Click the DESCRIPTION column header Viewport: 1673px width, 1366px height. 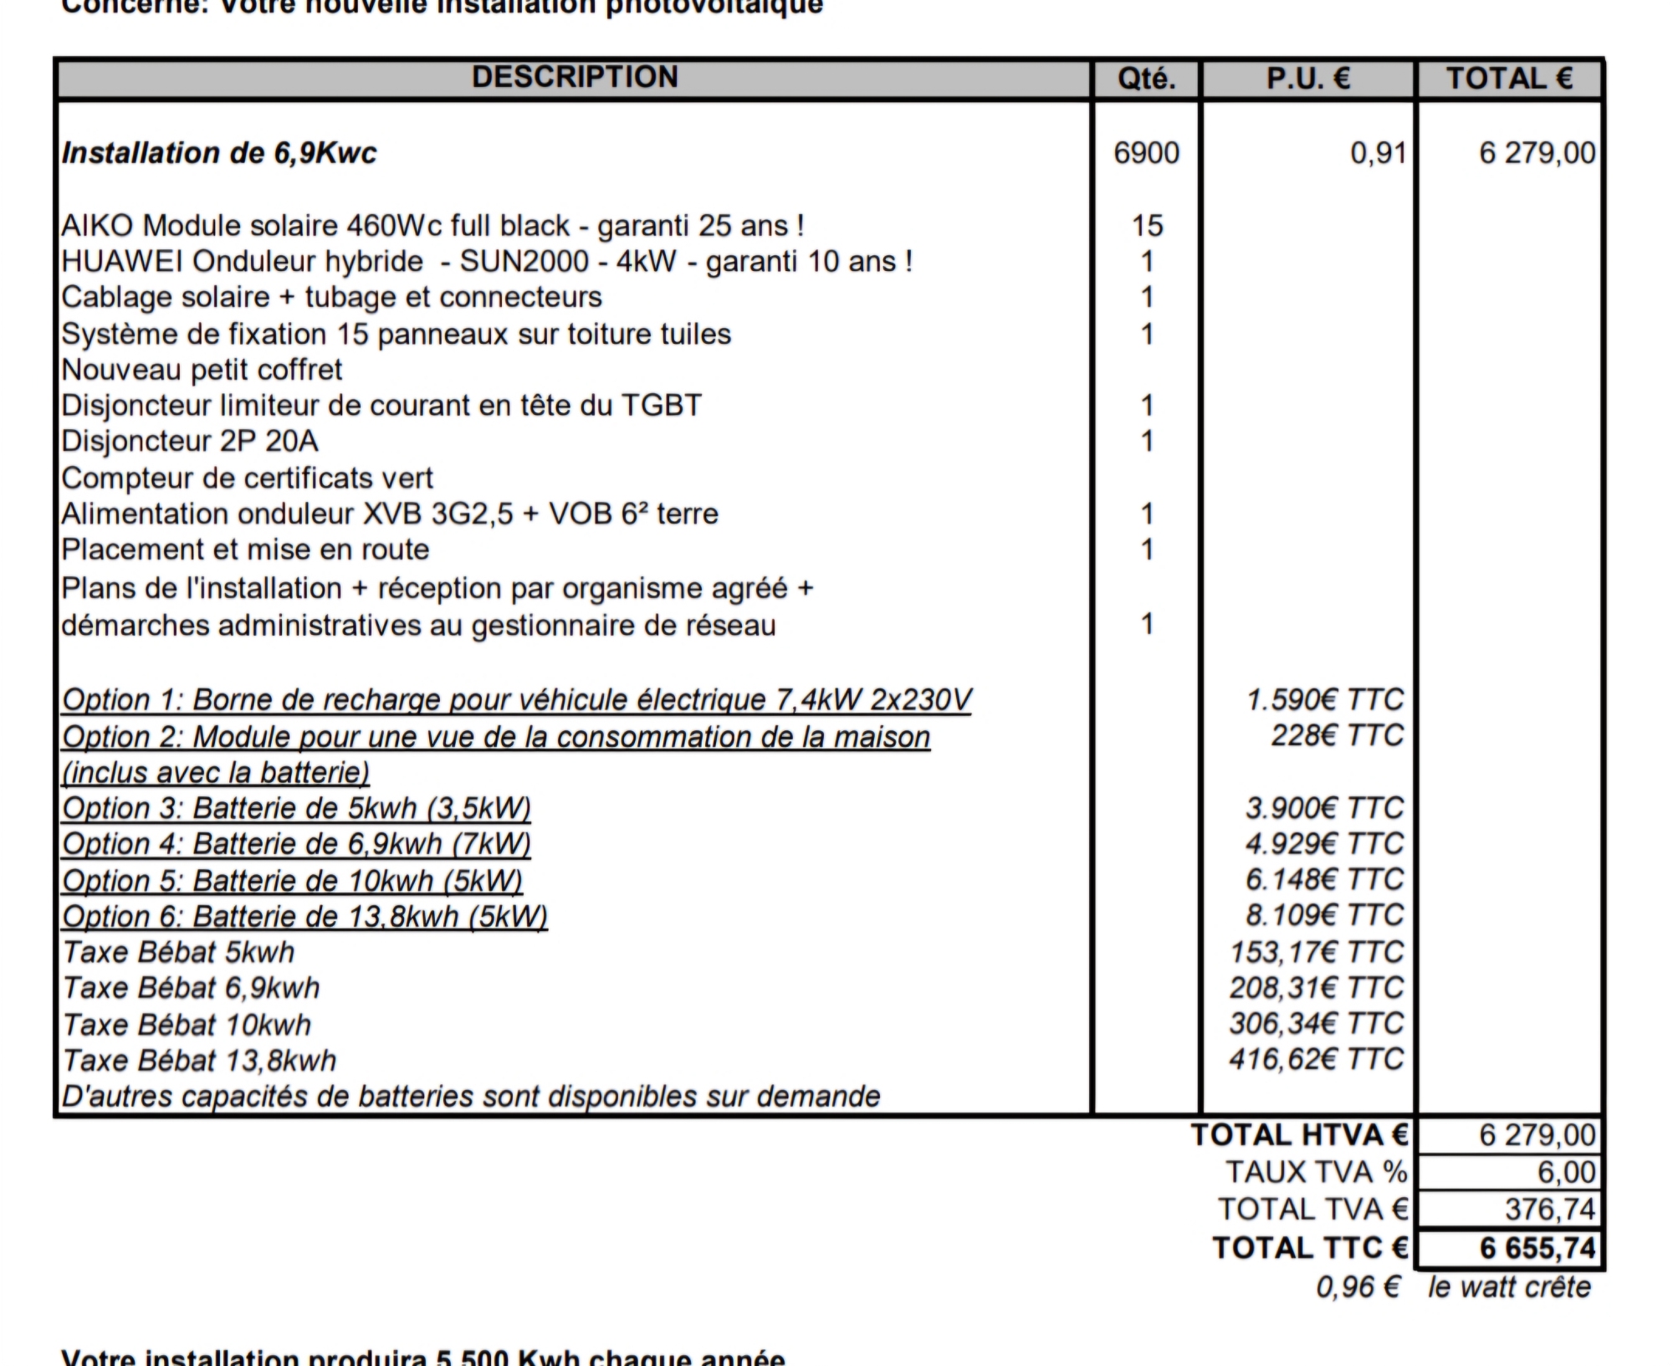(575, 77)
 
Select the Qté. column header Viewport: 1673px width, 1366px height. (1146, 79)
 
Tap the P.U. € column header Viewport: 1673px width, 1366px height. (1307, 79)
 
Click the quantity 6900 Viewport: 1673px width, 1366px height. (1146, 153)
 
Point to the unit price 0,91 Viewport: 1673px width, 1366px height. (1378, 153)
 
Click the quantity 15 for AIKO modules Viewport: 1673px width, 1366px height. (1147, 225)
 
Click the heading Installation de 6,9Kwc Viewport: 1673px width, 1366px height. (219, 153)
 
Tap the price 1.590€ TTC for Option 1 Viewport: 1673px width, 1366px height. (1324, 699)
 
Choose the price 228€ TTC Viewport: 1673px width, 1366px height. (1337, 735)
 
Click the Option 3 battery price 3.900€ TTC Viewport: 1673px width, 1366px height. (1324, 808)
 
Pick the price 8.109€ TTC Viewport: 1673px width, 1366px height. (1324, 915)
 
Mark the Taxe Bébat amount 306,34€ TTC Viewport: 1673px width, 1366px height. (1317, 1023)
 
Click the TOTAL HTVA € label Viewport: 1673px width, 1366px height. (1300, 1135)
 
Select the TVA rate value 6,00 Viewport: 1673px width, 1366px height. (1566, 1172)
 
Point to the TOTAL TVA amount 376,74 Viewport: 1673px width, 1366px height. (1550, 1209)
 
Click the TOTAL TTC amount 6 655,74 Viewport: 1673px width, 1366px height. (1537, 1248)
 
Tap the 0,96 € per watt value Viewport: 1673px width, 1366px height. (1358, 1287)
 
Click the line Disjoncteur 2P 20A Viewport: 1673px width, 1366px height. (190, 441)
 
